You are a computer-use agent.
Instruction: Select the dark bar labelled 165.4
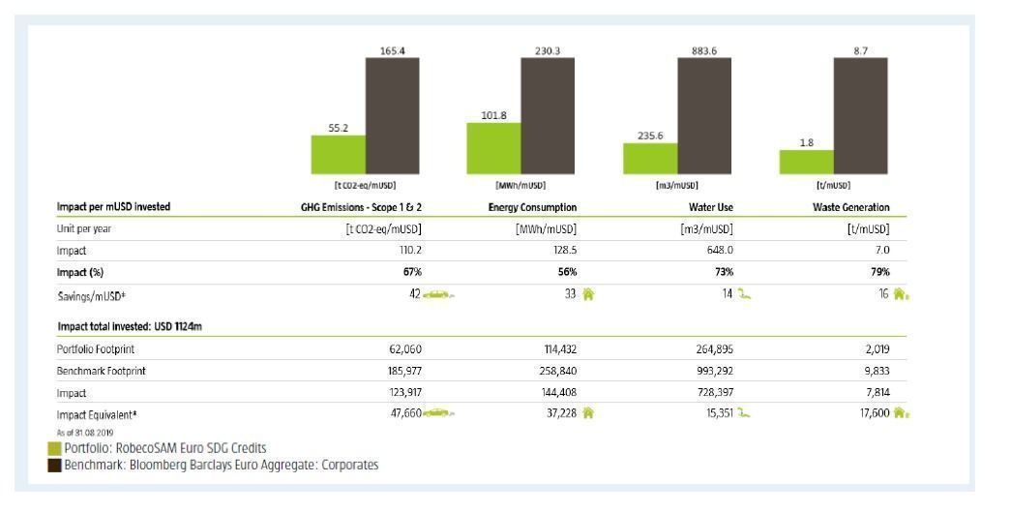click(392, 116)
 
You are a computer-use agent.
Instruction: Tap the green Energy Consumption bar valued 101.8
click(493, 149)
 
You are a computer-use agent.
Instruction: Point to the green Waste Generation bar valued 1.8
click(806, 163)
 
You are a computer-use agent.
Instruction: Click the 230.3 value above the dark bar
click(548, 50)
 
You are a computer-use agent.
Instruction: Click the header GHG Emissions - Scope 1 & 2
click(363, 207)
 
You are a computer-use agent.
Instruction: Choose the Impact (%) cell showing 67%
click(411, 272)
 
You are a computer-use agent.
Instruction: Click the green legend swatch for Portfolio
click(55, 447)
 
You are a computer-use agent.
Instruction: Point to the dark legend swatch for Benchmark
click(55, 464)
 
